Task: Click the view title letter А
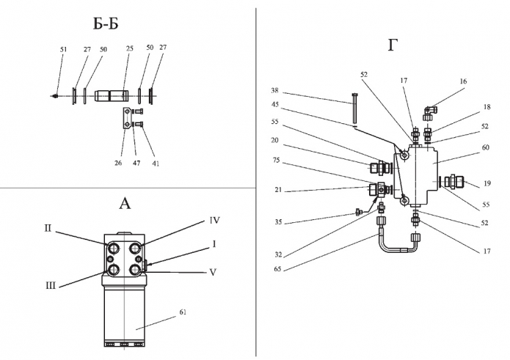point(124,203)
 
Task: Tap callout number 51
point(63,49)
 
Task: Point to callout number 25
point(130,49)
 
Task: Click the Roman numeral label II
point(47,228)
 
